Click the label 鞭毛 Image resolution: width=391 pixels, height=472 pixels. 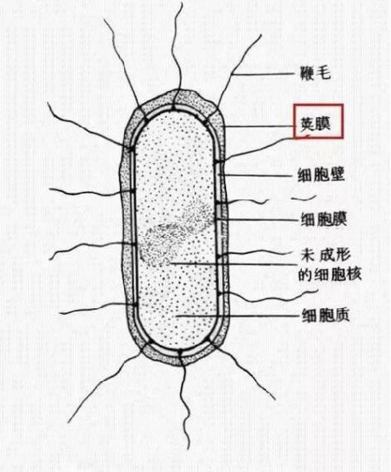click(x=315, y=73)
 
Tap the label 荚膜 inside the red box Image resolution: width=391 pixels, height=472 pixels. click(x=315, y=124)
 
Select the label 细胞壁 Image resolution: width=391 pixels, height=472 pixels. click(x=320, y=175)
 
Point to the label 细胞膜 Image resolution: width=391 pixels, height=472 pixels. click(x=323, y=219)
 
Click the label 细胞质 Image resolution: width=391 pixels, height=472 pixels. click(x=326, y=316)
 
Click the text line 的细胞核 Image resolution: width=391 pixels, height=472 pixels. click(x=330, y=274)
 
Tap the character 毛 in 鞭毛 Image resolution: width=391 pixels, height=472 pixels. click(x=324, y=73)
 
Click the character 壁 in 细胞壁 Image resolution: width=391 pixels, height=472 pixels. click(x=337, y=175)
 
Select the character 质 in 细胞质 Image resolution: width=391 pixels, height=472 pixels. click(x=342, y=316)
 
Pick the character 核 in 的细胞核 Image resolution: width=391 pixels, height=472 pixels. click(x=354, y=274)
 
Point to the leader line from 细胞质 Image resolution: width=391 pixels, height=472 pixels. click(x=238, y=316)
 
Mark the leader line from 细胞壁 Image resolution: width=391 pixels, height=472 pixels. click(x=258, y=175)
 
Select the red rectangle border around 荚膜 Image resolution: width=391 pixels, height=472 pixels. click(x=319, y=104)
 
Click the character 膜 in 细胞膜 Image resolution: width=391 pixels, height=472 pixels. click(x=339, y=219)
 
